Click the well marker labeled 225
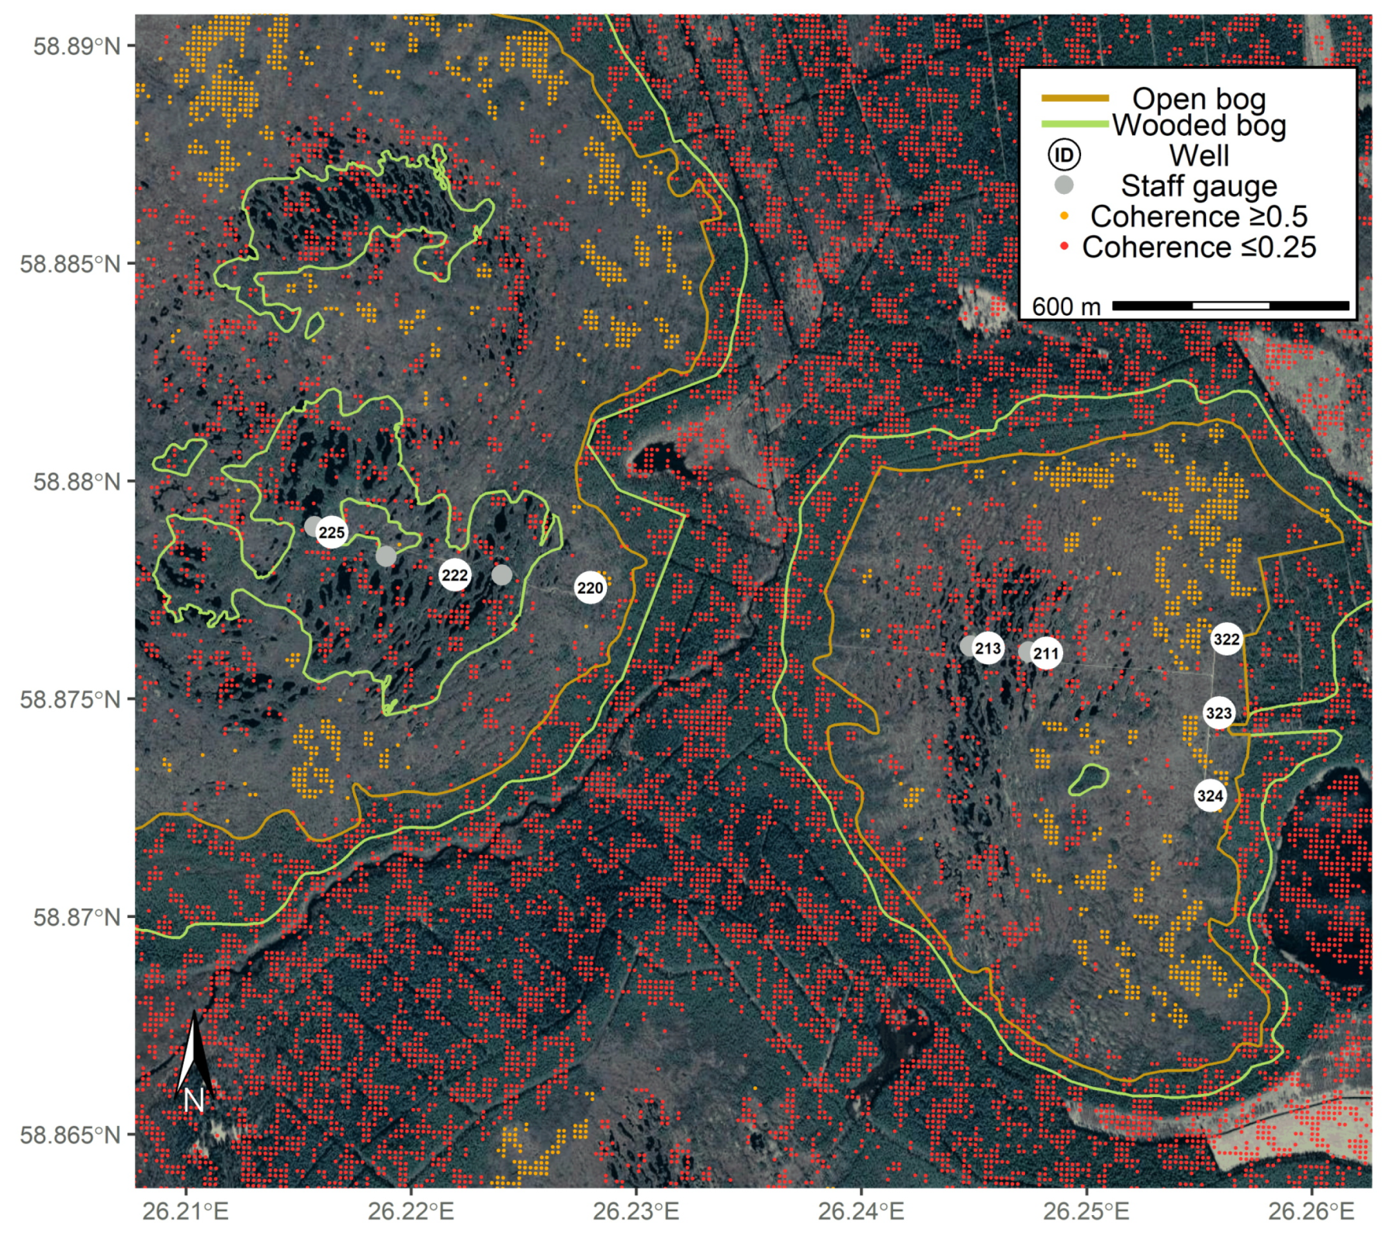click(331, 532)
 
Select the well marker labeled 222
click(455, 575)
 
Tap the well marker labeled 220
click(590, 588)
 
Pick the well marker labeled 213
click(988, 648)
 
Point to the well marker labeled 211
click(1046, 654)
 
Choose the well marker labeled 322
click(1226, 639)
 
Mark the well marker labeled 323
click(1219, 713)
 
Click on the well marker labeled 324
click(1210, 795)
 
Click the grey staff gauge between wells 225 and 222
click(386, 556)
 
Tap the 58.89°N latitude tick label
click(77, 46)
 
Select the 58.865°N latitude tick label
click(71, 1135)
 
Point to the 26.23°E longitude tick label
click(636, 1211)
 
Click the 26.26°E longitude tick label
click(1311, 1211)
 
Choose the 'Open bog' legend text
click(1199, 99)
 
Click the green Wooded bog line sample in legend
click(1075, 123)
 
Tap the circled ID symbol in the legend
click(1065, 155)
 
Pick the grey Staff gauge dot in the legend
click(1065, 185)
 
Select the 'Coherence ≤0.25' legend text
click(1199, 248)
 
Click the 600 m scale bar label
click(1066, 307)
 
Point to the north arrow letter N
click(193, 1100)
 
